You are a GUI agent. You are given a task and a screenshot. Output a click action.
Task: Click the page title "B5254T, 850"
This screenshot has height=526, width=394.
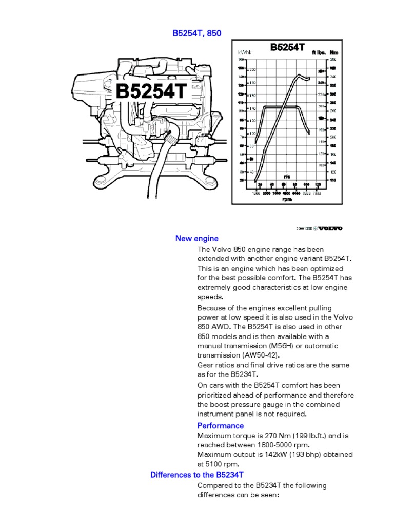(x=197, y=33)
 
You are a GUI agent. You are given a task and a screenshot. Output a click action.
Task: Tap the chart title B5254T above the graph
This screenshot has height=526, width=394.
(x=287, y=48)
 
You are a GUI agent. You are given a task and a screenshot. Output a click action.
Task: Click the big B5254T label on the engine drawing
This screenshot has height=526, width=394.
(x=151, y=92)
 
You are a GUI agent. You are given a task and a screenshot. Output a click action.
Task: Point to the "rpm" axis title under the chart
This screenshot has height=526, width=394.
(x=287, y=199)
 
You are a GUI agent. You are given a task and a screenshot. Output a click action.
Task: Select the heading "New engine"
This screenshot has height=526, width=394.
(x=196, y=239)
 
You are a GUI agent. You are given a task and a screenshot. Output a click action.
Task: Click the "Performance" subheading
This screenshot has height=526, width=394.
(x=221, y=426)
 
